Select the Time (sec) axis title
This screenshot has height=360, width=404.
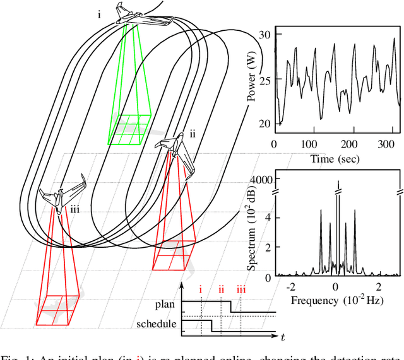(335, 158)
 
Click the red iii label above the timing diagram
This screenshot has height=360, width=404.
(241, 290)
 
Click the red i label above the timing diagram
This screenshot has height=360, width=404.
(201, 290)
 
